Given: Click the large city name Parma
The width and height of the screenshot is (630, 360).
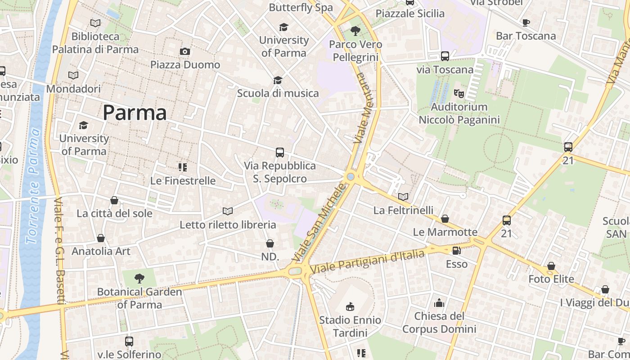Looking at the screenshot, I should [x=135, y=112].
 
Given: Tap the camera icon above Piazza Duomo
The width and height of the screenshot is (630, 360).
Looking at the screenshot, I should [x=184, y=52].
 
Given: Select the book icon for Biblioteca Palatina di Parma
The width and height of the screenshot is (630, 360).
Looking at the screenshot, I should [x=95, y=23].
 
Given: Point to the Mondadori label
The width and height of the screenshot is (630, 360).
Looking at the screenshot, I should [x=73, y=89].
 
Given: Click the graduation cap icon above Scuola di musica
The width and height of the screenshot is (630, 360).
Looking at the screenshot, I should [x=278, y=80].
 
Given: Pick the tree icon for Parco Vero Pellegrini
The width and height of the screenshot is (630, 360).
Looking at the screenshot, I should [x=355, y=31].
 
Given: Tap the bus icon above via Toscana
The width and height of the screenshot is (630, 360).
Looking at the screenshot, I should [x=445, y=56].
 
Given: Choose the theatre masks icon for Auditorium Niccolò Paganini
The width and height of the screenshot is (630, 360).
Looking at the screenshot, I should [x=459, y=94].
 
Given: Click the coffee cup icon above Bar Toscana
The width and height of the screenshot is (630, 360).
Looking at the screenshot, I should [x=526, y=22].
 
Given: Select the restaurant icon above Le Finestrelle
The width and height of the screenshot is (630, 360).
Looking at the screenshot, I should [x=183, y=167].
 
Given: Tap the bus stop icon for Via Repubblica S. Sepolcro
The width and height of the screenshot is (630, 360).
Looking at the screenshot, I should [x=280, y=153].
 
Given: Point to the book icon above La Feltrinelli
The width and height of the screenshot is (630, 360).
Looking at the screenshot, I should [x=403, y=197].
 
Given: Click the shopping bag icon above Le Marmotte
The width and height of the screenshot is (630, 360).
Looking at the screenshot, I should [x=445, y=219].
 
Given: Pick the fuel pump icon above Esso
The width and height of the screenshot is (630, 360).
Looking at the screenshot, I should [x=456, y=250].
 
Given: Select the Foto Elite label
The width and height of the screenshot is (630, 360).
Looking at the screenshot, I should [x=551, y=279].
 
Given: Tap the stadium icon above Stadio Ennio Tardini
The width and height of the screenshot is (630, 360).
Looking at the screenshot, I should [x=350, y=307].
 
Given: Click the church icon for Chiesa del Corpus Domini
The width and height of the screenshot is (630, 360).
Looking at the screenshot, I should [x=439, y=303].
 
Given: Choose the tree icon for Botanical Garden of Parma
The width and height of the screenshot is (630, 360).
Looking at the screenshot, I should [x=139, y=279].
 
